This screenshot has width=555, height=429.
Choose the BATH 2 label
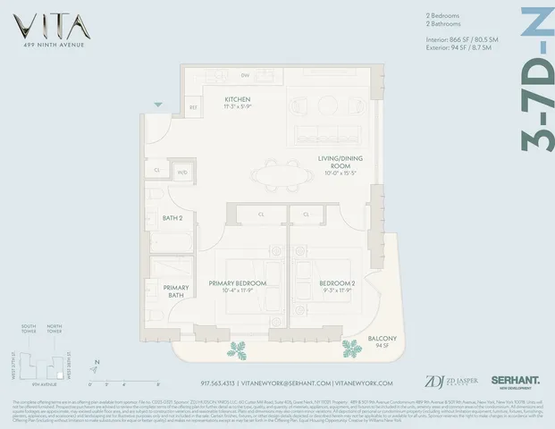point(172,217)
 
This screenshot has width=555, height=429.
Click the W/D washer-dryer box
point(183,172)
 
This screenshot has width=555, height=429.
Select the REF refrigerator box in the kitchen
point(192,108)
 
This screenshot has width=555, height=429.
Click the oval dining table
point(277,172)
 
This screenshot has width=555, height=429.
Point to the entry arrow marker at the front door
point(158,105)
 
